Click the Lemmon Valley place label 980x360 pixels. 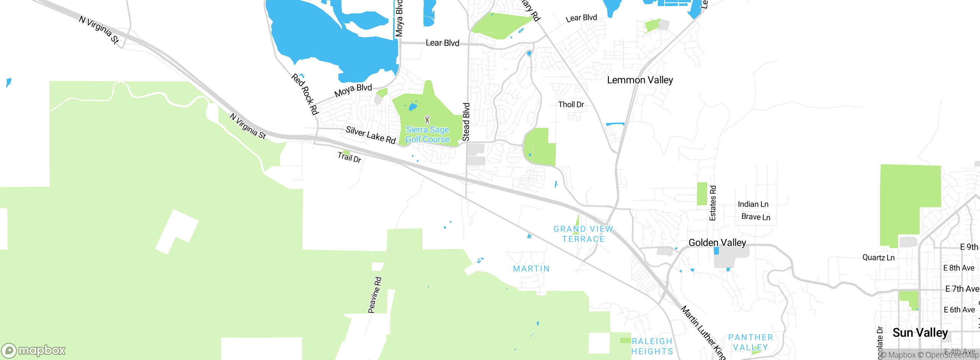(640, 80)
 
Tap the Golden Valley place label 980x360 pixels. (717, 242)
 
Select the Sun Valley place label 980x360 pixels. (920, 332)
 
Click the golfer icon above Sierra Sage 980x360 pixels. (427, 119)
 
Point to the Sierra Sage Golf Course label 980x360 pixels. (427, 135)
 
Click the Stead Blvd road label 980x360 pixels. (466, 122)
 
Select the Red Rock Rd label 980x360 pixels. (305, 94)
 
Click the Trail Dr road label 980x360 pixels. (349, 157)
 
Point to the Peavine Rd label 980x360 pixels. (375, 295)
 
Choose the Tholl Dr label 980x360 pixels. (571, 105)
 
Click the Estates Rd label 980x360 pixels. (712, 203)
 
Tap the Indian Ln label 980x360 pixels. (753, 204)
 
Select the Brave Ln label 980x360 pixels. (756, 217)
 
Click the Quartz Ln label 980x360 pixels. (878, 257)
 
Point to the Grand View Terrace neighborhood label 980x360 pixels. (583, 234)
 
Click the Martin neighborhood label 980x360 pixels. (531, 269)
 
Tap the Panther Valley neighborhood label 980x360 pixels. (750, 342)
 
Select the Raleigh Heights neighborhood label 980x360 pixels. (652, 346)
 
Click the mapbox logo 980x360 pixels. (33, 350)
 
